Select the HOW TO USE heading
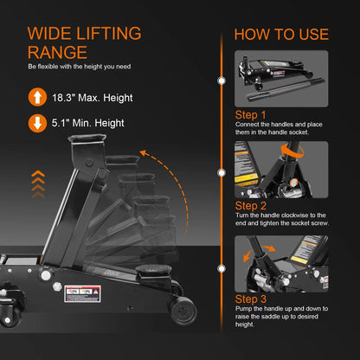[x=281, y=35]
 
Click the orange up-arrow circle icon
[x=37, y=97]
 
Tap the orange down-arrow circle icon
[x=37, y=122]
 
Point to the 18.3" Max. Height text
[x=94, y=97]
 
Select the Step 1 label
[x=251, y=113]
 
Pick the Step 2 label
[x=251, y=207]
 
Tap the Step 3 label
[x=251, y=299]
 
